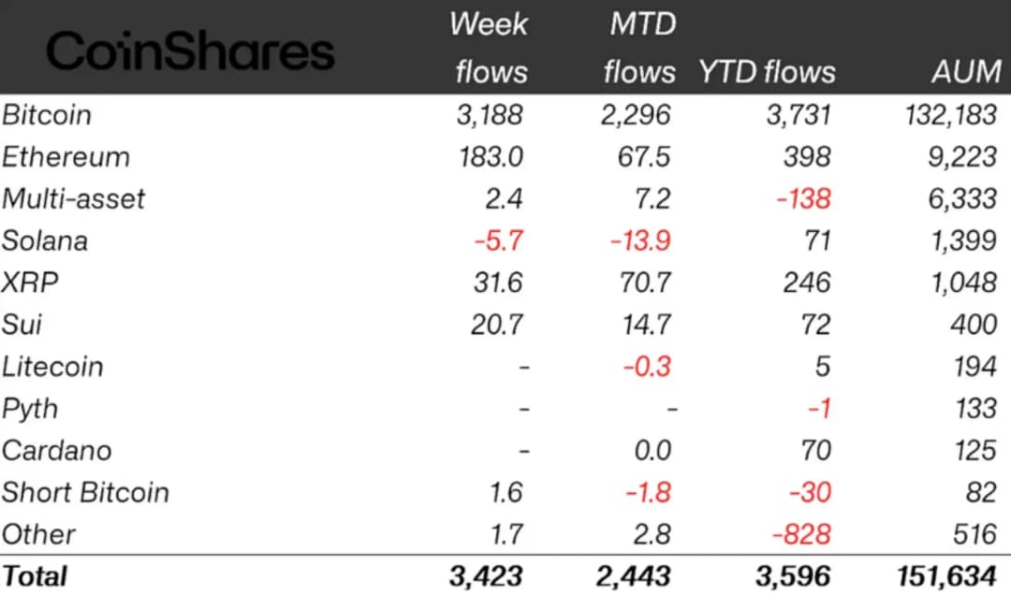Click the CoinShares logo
point(190,51)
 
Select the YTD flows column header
point(767,71)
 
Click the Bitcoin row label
point(47,115)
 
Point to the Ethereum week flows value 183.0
point(491,156)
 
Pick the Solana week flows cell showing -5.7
point(498,240)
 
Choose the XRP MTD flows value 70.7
point(641,283)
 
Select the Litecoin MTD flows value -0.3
point(643,366)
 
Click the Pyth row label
point(30,409)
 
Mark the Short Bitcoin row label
point(85,492)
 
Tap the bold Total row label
point(35,575)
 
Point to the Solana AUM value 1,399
point(963,240)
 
